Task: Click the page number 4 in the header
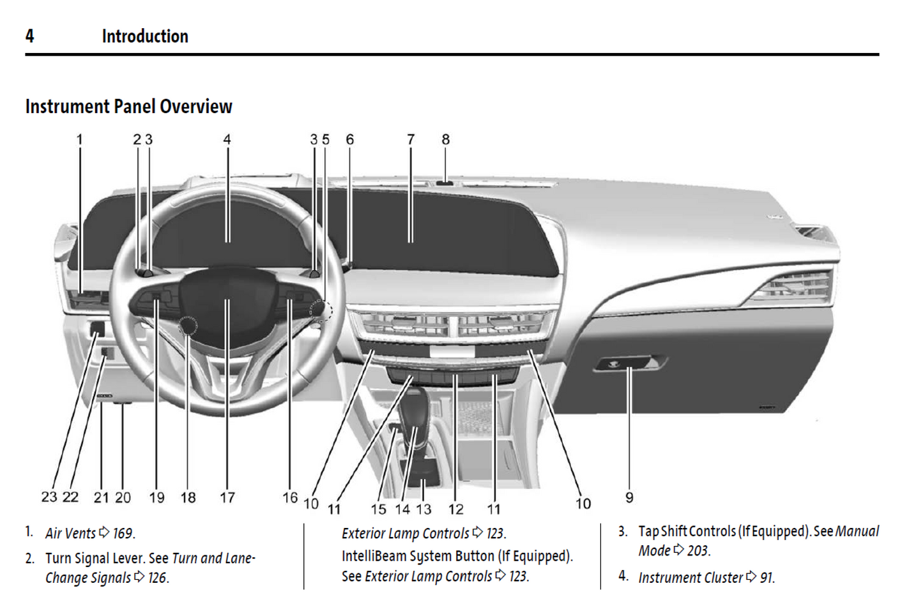29,36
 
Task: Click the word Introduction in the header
145,36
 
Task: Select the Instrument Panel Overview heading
128,107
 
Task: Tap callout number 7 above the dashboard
411,139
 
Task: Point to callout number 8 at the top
445,139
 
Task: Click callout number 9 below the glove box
629,497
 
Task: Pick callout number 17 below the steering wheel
227,497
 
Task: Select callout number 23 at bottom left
49,497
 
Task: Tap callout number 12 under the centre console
455,509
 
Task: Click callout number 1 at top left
80,139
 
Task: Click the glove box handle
629,364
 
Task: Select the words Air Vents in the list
70,533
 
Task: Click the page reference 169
123,533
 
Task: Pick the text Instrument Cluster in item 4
690,578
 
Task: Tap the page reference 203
698,551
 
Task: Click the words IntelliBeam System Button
418,556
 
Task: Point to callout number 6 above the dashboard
349,139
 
